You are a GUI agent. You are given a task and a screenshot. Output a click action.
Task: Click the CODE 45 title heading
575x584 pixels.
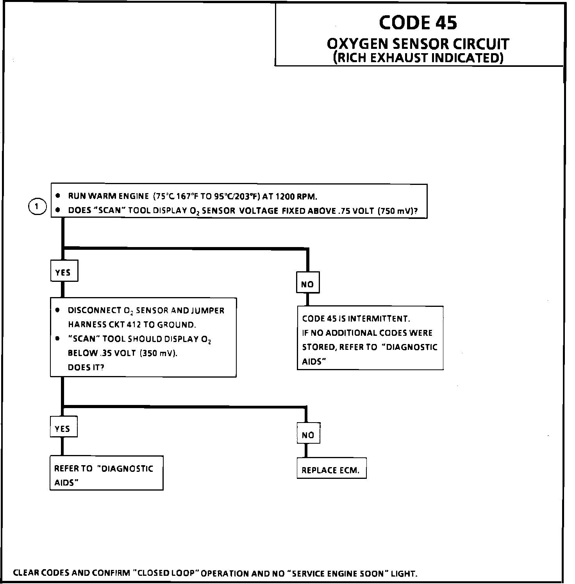tap(418, 23)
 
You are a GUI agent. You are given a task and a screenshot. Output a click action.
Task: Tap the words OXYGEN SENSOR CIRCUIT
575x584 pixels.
tap(418, 44)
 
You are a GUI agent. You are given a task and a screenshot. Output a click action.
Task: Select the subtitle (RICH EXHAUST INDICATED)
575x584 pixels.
tap(418, 58)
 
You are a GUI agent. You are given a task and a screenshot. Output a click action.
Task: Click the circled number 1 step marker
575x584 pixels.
tap(37, 206)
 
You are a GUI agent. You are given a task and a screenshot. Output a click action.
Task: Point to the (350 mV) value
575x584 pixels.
tap(161, 353)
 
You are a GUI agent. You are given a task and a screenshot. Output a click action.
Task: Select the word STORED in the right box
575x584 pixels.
tap(317, 347)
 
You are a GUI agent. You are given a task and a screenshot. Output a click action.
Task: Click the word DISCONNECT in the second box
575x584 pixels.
tap(95, 310)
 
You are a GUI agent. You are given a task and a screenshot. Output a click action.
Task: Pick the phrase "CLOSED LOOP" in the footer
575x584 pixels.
tap(166, 573)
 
